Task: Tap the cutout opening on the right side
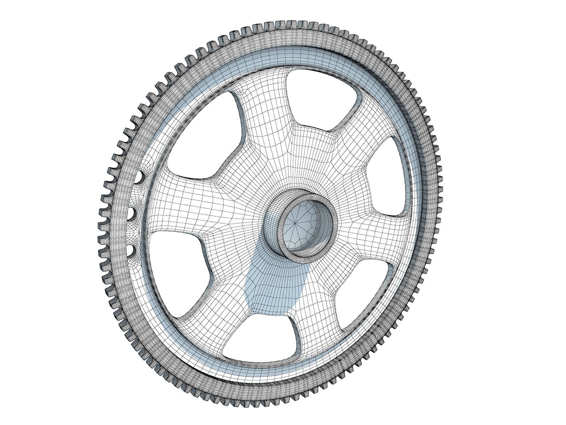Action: click(x=389, y=177)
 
